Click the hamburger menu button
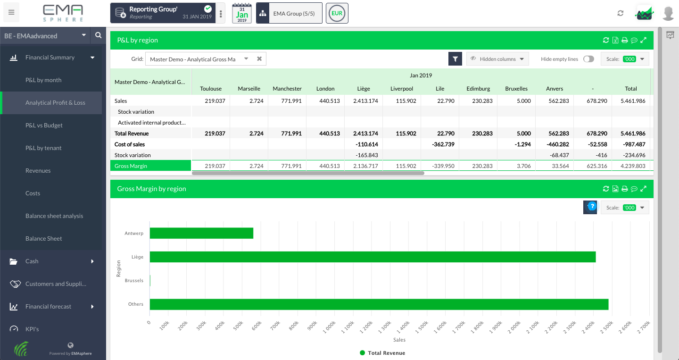[x=11, y=13]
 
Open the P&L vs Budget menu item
[x=44, y=126]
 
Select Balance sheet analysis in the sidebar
[x=54, y=216]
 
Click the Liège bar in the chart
[x=373, y=257]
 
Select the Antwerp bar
[x=201, y=234]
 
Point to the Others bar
[x=379, y=304]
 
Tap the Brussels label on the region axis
[x=134, y=281]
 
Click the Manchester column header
[x=287, y=89]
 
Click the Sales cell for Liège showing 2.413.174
[x=363, y=101]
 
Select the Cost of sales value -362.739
[x=440, y=144]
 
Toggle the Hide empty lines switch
[x=588, y=59]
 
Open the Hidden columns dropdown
[x=497, y=59]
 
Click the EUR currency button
[x=337, y=13]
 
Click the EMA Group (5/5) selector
[x=289, y=13]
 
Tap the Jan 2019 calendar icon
[x=242, y=13]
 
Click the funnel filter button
[x=455, y=59]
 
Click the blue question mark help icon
[x=592, y=206]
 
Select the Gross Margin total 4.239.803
[x=630, y=166]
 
